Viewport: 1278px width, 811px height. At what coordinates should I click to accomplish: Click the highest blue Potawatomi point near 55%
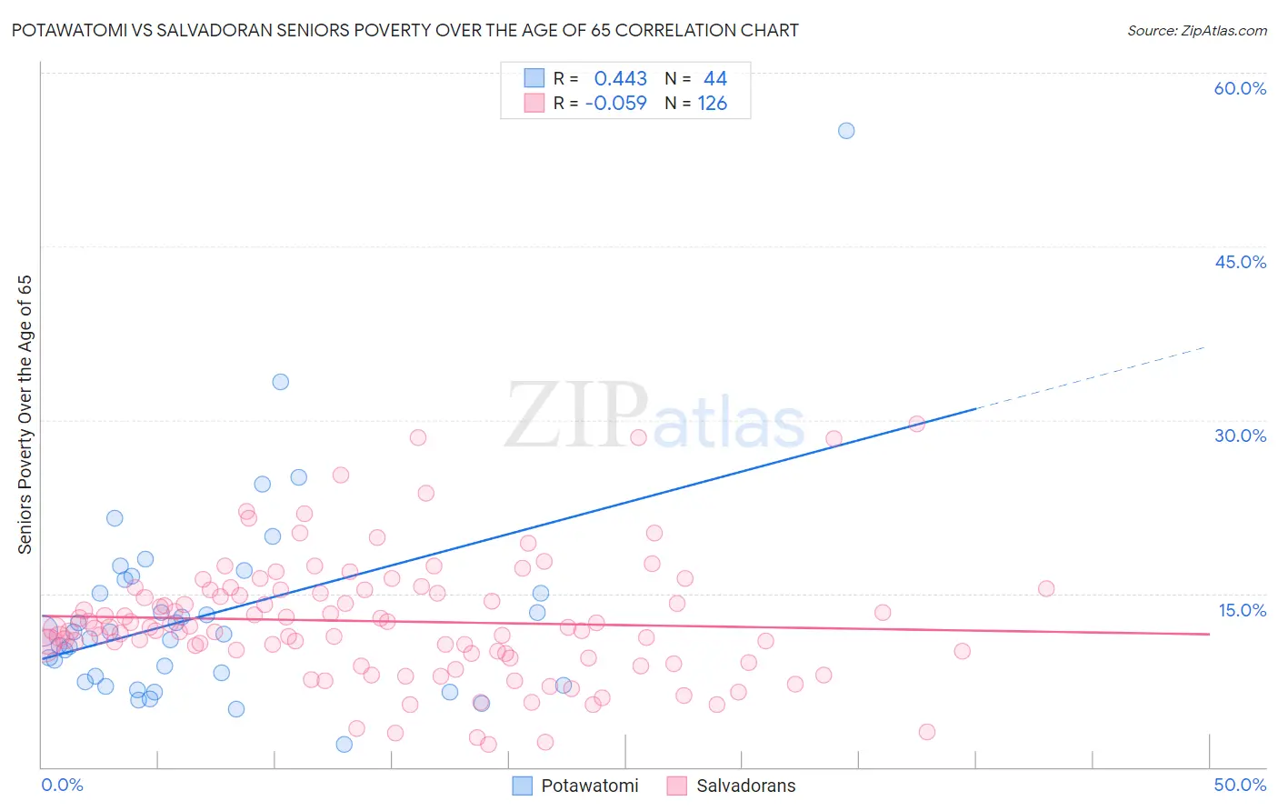[845, 131]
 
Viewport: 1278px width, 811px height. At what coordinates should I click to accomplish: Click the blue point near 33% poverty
[280, 382]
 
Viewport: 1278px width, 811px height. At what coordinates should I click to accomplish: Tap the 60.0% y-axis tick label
[1240, 88]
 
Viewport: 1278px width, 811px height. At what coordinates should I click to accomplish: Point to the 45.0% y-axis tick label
[1240, 262]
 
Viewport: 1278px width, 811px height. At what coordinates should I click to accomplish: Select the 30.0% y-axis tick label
[1240, 436]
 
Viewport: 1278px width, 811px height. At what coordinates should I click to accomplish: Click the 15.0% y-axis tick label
[1242, 610]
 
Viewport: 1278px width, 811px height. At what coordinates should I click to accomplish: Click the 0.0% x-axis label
[62, 785]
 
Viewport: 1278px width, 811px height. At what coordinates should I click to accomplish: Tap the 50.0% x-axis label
[1240, 785]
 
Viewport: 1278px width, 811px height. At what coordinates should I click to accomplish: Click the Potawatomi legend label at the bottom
[589, 786]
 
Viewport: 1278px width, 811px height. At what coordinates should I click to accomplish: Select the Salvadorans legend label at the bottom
[745, 786]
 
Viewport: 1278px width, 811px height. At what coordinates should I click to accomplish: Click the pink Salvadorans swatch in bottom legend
[676, 786]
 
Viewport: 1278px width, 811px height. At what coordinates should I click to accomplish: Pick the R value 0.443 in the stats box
[620, 79]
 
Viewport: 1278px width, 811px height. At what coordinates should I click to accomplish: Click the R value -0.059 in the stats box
[615, 104]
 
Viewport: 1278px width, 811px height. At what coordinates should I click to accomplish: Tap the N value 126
[712, 104]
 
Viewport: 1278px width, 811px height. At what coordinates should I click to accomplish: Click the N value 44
[714, 79]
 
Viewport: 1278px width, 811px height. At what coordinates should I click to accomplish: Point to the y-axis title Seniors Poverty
[25, 414]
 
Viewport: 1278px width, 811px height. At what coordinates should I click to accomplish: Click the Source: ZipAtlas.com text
[1196, 31]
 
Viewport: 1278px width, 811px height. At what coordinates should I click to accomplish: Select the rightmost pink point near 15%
[1045, 588]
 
